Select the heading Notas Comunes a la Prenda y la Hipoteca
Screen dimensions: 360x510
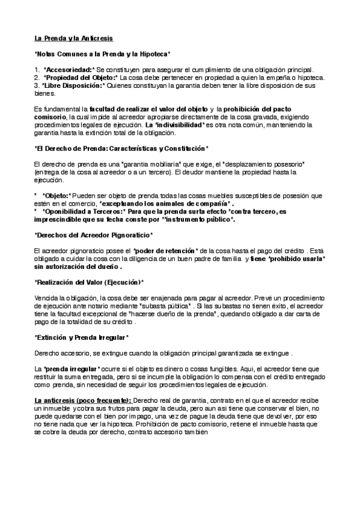pyautogui.click(x=102, y=54)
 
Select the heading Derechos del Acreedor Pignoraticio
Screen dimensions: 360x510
pyautogui.click(x=93, y=234)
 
